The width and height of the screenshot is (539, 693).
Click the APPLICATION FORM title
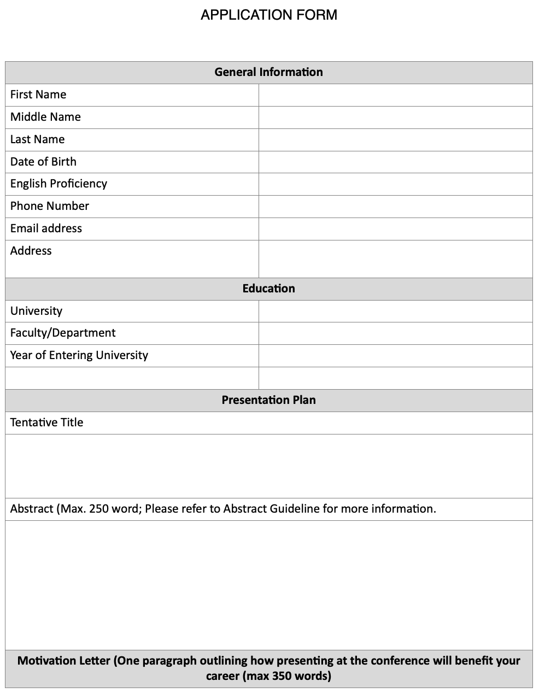point(269,15)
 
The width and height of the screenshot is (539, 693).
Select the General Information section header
point(268,72)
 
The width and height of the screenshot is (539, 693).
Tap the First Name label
point(38,95)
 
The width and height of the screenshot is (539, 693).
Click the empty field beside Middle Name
point(395,118)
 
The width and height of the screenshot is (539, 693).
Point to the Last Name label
point(37,139)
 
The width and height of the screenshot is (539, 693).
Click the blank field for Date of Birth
point(395,162)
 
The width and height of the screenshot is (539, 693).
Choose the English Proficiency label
point(58,184)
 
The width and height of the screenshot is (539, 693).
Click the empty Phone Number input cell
point(395,207)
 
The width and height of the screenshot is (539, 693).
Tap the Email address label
point(46,228)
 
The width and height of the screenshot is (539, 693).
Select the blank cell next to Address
point(395,259)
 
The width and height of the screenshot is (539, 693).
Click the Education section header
point(268,289)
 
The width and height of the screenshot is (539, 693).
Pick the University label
point(36,311)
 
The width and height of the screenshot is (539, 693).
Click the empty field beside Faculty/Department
point(395,333)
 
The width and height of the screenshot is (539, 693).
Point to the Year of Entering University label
point(79,355)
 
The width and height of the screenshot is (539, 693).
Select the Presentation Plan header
point(268,400)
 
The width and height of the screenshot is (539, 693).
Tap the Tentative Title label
point(46,422)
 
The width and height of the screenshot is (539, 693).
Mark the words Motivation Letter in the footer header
point(63,660)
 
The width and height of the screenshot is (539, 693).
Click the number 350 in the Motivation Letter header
point(280,676)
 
